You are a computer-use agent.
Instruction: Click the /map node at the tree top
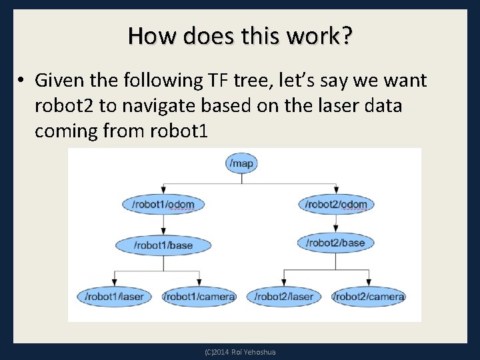(242, 163)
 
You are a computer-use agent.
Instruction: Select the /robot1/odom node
(163, 204)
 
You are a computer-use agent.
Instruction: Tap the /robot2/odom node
(336, 204)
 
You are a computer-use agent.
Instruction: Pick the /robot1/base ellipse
(163, 245)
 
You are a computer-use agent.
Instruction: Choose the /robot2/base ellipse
(335, 243)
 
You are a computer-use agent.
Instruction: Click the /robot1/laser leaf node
(115, 296)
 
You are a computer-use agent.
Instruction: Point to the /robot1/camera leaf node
(199, 296)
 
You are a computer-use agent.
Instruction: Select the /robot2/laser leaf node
(284, 296)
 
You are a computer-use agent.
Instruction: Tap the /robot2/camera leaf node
(369, 296)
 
